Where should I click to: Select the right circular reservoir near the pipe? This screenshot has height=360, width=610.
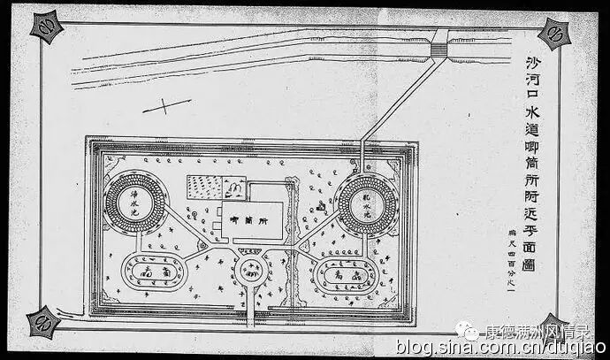pos(368,205)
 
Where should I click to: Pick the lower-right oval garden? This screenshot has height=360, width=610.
pos(347,276)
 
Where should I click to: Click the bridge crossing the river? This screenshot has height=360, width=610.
pos(438,46)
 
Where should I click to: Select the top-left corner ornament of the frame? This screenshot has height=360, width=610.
pos(46,27)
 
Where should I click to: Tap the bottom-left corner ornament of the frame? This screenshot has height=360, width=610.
pos(42,322)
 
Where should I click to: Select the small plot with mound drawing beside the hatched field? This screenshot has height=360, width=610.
pos(234,188)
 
